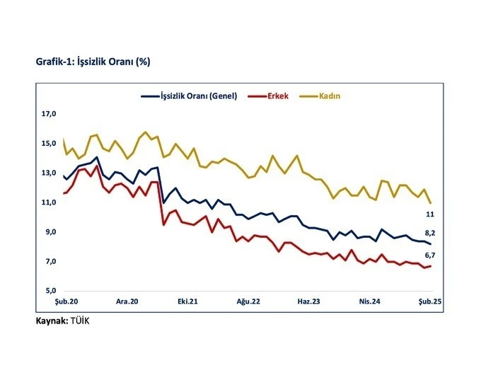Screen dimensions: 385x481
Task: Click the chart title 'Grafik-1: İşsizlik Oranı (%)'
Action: (93, 62)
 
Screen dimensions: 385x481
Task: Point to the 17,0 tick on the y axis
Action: (48, 114)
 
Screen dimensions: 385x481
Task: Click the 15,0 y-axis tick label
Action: (48, 144)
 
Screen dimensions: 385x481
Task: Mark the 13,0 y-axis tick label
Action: (48, 173)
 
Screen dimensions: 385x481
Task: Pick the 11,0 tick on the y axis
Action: (48, 202)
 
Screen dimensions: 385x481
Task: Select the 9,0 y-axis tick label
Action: (48, 232)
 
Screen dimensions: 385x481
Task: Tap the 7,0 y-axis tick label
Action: (48, 262)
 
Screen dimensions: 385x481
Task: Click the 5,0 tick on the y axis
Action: (48, 291)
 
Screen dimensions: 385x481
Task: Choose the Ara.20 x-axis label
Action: (127, 301)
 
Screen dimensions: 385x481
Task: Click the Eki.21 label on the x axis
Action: (187, 301)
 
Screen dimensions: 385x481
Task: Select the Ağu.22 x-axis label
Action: (248, 301)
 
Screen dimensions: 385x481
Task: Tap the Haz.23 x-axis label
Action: (308, 301)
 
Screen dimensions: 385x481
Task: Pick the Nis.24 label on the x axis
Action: (371, 301)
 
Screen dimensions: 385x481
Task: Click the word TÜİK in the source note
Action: (80, 321)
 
